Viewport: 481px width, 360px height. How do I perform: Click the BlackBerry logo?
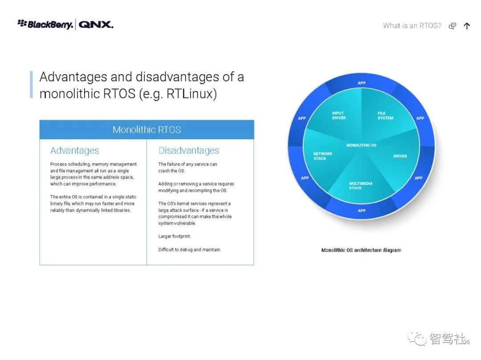click(45, 24)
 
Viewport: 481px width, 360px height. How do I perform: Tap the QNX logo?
click(96, 24)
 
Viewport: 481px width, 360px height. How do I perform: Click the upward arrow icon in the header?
click(467, 26)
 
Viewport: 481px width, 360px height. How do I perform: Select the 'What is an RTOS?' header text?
click(412, 26)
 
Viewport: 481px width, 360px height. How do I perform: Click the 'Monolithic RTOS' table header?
click(147, 129)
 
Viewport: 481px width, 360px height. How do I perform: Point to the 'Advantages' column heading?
click(74, 150)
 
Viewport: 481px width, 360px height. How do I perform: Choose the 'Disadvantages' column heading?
click(189, 150)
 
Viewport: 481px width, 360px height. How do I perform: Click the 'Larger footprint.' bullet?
click(175, 236)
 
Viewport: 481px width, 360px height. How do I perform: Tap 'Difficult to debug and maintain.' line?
click(190, 249)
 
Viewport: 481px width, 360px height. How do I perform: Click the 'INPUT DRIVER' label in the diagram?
click(338, 116)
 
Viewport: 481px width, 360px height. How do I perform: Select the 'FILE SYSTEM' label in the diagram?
click(385, 116)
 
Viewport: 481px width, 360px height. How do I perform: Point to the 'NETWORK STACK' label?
click(323, 156)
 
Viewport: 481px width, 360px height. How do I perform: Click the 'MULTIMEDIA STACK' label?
click(361, 186)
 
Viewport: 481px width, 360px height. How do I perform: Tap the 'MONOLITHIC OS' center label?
click(361, 145)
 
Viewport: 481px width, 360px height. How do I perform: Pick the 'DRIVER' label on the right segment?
click(400, 156)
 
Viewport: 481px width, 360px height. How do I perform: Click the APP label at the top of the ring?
click(362, 83)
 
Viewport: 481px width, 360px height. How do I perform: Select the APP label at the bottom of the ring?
click(362, 210)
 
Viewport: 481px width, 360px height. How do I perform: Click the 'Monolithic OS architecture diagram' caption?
click(361, 250)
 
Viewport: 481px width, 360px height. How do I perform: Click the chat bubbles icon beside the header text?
click(452, 26)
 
